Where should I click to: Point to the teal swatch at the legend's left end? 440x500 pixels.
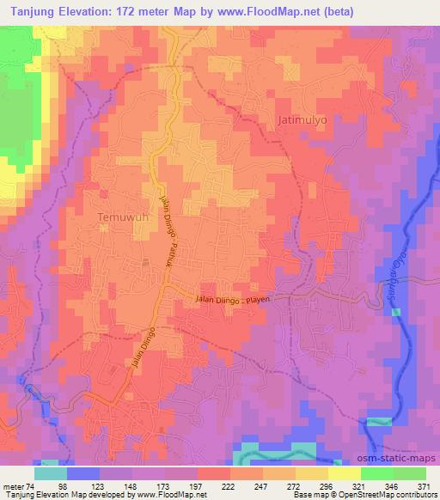click(x=51, y=473)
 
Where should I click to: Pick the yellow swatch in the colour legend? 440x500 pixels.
click(x=344, y=473)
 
